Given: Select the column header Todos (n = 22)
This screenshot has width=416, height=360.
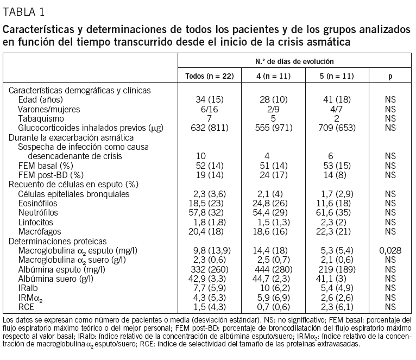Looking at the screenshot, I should (210, 76).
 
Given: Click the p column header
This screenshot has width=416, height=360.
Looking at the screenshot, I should (390, 76).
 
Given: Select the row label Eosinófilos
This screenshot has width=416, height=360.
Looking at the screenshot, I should (38, 203).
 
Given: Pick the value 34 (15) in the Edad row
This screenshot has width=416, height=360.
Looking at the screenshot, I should (210, 100).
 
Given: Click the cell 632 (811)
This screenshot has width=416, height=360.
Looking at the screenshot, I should (210, 128).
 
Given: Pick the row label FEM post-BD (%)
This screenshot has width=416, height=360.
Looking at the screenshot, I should (51, 175).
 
